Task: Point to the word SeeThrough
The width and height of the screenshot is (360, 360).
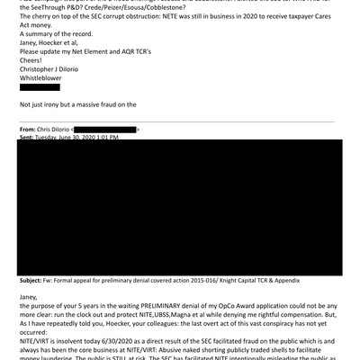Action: coord(53,7)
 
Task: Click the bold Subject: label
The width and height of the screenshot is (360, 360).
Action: coord(34,280)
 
